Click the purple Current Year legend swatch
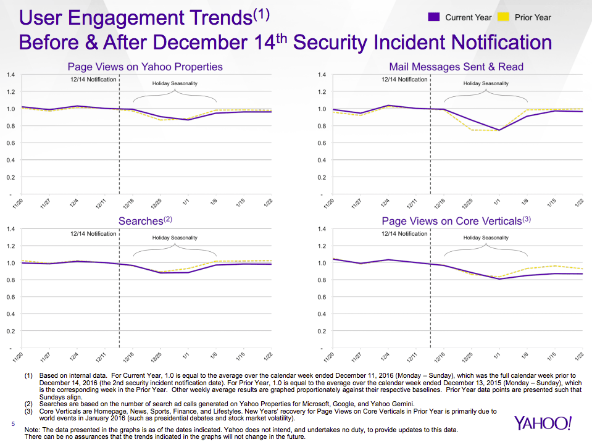(434, 17)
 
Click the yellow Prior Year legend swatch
(504, 17)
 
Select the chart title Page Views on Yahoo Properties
(145, 67)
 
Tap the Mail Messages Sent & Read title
(456, 67)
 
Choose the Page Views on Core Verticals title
(456, 220)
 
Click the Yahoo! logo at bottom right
(543, 423)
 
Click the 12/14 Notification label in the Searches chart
(93, 234)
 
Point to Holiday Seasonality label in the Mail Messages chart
(486, 83)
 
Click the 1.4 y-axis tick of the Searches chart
(10, 229)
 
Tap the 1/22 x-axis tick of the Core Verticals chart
(580, 357)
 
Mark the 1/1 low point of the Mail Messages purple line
(499, 130)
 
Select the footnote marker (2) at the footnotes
(29, 404)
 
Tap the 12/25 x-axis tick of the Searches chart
(158, 357)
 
